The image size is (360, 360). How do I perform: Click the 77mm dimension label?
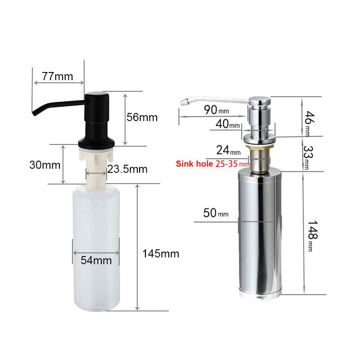click(57, 76)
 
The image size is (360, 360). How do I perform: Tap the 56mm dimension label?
click(142, 117)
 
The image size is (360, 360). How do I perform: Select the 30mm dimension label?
click(45, 165)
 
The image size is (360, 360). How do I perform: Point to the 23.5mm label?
click(127, 169)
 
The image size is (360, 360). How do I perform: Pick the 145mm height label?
click(161, 254)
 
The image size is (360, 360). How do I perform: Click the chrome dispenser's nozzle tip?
click(182, 103)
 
